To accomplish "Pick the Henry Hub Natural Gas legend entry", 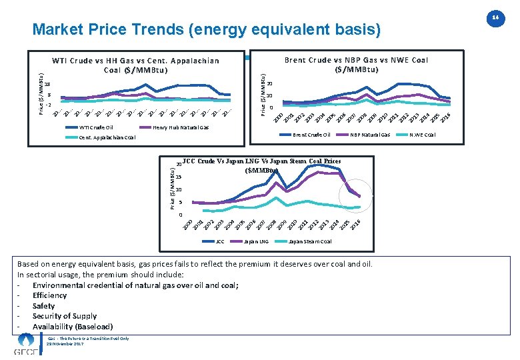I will [x=181, y=127].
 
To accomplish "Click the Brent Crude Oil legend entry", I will [x=311, y=135].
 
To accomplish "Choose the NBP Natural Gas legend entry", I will [x=370, y=135].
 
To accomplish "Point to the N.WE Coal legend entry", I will [x=423, y=135].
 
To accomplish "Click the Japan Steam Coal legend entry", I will [x=311, y=241].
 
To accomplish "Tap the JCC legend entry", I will [x=219, y=241].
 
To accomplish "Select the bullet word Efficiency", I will [x=49, y=295].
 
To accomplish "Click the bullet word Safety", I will [x=43, y=306].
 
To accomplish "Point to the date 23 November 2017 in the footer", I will [x=65, y=343].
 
